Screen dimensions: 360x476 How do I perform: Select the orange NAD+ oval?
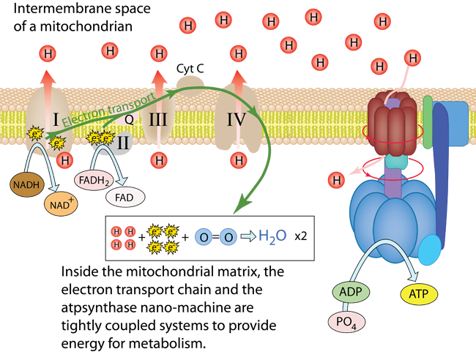[62, 206]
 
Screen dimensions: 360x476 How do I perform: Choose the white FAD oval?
[125, 197]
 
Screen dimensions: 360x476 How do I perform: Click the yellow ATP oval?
[419, 295]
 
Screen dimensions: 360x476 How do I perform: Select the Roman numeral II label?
[124, 143]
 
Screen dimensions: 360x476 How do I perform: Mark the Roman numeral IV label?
[236, 118]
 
